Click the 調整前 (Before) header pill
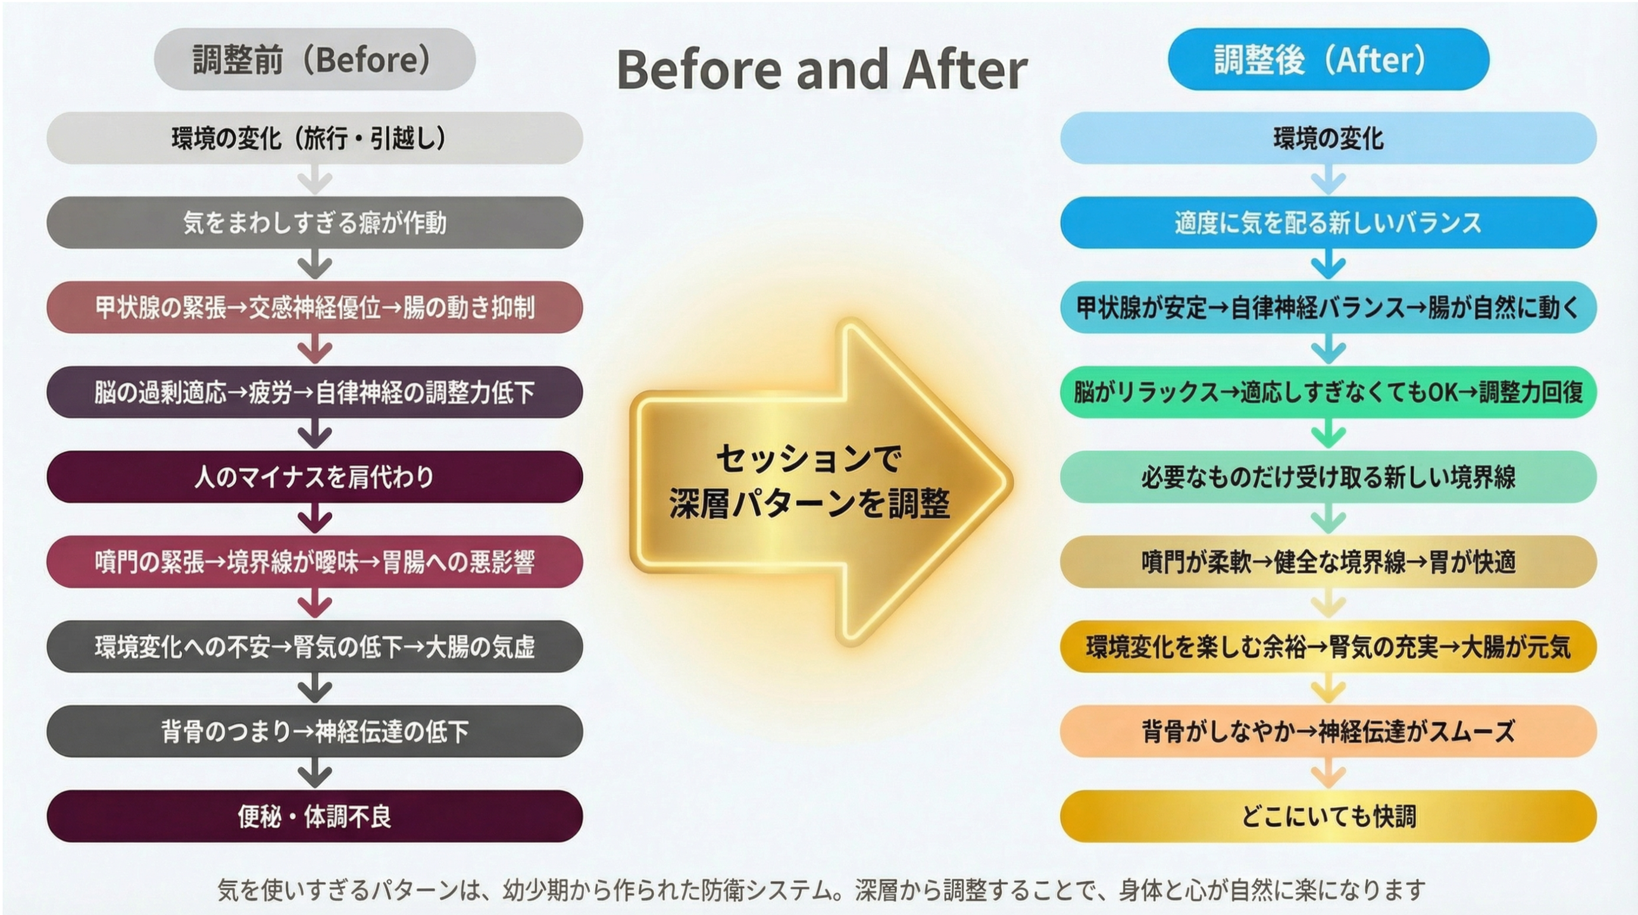pos(315,59)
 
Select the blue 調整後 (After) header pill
pos(1328,59)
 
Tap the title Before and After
pos(821,69)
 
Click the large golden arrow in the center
pos(820,482)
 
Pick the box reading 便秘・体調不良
pos(315,816)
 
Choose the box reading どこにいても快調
pos(1328,816)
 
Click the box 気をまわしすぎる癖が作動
pos(315,223)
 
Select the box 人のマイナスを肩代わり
pos(315,477)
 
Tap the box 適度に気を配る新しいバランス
pos(1328,223)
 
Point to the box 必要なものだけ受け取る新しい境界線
pos(1328,477)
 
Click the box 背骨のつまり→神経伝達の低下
pos(315,731)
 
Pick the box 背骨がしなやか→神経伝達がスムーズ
pos(1328,731)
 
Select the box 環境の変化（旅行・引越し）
pos(315,138)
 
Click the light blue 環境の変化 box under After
pos(1328,138)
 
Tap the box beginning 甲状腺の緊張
pos(315,307)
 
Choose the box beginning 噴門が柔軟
pos(1328,561)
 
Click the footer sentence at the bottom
pos(821,889)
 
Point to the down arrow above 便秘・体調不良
pos(315,773)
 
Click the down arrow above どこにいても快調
pos(1328,773)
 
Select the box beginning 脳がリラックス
pos(1328,392)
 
